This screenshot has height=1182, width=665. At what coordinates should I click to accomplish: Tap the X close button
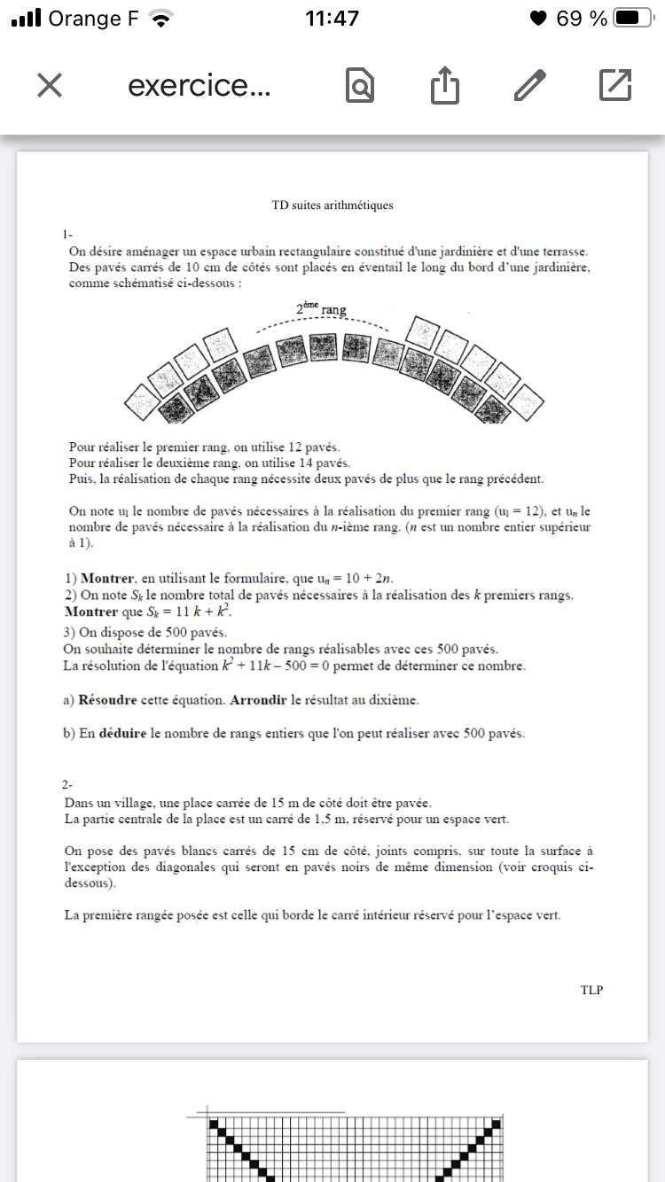(50, 85)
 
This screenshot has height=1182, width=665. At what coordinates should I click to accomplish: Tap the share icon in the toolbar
(445, 86)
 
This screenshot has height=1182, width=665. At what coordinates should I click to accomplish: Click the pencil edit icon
(529, 85)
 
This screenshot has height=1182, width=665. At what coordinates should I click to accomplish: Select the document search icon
(359, 86)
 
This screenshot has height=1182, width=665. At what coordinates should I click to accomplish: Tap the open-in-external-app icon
(614, 85)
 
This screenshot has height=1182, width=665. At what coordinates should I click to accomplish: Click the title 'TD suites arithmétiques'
(332, 206)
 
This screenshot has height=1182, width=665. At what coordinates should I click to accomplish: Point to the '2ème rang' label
(321, 309)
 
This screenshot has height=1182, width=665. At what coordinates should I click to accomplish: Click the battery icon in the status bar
(638, 18)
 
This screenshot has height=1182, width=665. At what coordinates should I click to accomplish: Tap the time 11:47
(332, 18)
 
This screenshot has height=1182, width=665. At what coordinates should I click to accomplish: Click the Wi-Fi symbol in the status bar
(160, 18)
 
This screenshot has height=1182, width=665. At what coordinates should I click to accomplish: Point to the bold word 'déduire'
(122, 734)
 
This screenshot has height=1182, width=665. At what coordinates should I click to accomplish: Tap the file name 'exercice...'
(199, 86)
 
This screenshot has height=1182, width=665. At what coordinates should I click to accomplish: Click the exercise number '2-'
(68, 785)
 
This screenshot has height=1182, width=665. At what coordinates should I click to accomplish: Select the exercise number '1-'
(68, 235)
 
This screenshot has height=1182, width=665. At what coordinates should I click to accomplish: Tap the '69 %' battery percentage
(582, 18)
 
